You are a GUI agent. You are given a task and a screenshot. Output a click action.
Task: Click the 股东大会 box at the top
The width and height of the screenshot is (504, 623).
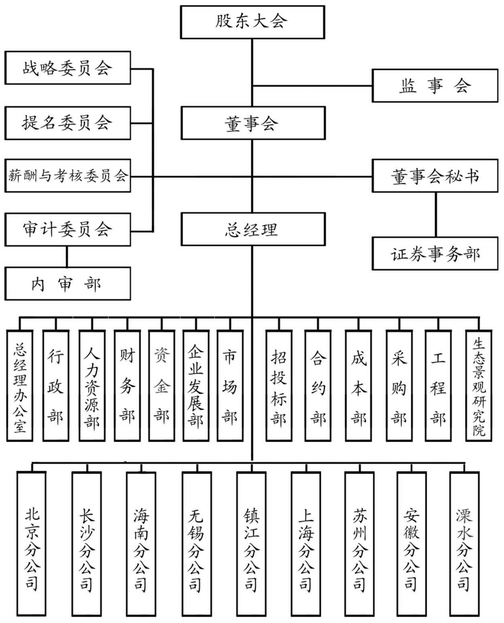(252, 22)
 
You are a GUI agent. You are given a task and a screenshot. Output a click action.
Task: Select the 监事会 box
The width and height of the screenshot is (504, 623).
(435, 86)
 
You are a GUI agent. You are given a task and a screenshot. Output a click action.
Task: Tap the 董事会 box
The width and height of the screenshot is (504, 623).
(253, 123)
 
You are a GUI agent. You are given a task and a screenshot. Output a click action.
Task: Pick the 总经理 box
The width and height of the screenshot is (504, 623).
(253, 229)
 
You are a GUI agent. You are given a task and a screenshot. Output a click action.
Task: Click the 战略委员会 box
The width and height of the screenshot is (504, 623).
(68, 68)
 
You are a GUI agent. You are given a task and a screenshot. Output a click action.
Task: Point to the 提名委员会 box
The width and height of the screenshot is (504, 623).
(68, 123)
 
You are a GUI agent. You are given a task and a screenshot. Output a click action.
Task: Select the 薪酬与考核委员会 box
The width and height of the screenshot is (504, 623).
(68, 176)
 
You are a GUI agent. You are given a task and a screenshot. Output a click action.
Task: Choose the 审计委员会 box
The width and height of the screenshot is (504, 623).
(68, 230)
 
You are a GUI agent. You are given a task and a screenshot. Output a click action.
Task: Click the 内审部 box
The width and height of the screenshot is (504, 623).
(68, 284)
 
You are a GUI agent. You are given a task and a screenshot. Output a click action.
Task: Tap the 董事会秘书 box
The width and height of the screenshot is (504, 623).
(435, 176)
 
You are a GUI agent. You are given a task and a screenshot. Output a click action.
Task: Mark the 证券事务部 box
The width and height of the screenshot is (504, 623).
(435, 253)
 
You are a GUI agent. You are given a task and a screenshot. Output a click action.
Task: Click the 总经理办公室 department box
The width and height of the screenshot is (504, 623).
(20, 386)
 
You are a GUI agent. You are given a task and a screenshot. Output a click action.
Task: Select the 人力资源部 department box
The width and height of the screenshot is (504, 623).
(92, 386)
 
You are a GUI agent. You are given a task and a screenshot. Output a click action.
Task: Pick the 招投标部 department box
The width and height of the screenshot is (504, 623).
(279, 386)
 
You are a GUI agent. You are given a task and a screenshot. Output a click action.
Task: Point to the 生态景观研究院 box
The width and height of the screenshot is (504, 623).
(478, 386)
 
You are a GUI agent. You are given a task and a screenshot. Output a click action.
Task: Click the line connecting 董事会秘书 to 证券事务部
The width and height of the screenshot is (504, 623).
(436, 215)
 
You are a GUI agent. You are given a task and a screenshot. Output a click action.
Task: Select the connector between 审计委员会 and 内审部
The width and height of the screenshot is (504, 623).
(67, 257)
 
